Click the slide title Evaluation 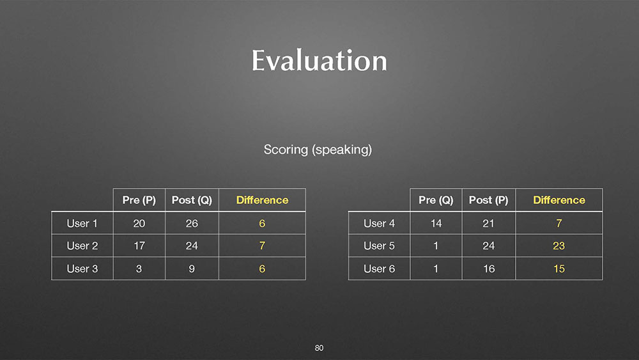[319, 61]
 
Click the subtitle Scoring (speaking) [318, 150]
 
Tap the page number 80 [319, 348]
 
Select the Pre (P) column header [139, 200]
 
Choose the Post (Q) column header [192, 200]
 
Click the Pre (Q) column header [436, 200]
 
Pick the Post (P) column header [489, 200]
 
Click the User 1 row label [82, 223]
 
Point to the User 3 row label [82, 269]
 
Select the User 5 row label [379, 246]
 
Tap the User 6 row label [379, 269]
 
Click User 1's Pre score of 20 [139, 223]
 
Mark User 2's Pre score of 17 [139, 246]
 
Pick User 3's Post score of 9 [192, 269]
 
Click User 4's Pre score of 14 [436, 223]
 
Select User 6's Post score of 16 [489, 269]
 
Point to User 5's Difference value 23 [558, 246]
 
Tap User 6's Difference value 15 [559, 269]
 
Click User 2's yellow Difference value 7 [262, 246]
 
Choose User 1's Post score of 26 [192, 223]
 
